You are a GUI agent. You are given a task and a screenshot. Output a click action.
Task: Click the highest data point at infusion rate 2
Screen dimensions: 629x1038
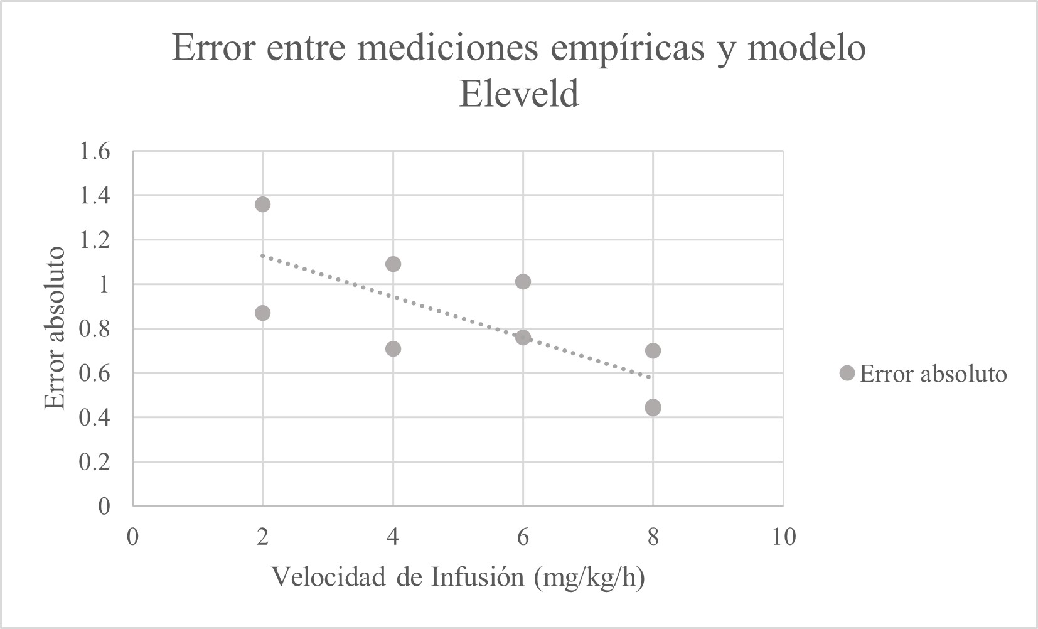pyautogui.click(x=262, y=204)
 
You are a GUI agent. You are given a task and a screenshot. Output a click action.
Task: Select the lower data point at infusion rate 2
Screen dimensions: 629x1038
pyautogui.click(x=262, y=313)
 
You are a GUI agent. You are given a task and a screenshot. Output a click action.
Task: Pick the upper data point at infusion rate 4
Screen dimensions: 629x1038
pyautogui.click(x=393, y=264)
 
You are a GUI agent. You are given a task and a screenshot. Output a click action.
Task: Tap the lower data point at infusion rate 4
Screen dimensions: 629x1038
pyautogui.click(x=393, y=348)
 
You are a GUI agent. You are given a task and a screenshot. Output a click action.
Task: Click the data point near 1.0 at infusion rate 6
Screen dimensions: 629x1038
pyautogui.click(x=523, y=281)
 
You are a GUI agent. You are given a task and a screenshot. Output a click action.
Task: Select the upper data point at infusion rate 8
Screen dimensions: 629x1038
pyautogui.click(x=653, y=350)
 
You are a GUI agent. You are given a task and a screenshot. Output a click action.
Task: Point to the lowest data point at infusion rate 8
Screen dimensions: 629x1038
pyautogui.click(x=653, y=407)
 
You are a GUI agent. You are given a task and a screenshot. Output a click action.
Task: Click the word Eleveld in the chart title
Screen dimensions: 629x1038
pyautogui.click(x=518, y=95)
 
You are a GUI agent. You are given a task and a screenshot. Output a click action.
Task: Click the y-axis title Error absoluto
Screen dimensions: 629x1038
pyautogui.click(x=55, y=328)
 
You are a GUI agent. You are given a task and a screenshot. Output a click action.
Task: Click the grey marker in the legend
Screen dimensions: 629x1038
pyautogui.click(x=847, y=374)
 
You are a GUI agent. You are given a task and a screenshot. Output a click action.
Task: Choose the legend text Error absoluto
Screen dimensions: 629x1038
pyautogui.click(x=933, y=374)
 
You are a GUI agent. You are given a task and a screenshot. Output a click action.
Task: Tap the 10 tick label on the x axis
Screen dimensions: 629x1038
pyautogui.click(x=782, y=537)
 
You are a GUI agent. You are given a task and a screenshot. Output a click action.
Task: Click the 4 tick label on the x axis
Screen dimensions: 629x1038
pyautogui.click(x=393, y=537)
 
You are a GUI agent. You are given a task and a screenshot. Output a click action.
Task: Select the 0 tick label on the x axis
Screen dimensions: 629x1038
pyautogui.click(x=132, y=537)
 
